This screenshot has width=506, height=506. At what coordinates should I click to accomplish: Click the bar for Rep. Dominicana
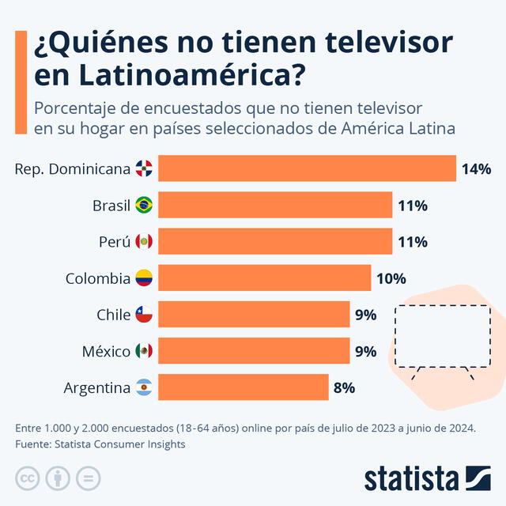point(307,168)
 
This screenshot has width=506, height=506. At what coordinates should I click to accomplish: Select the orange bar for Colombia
point(264,278)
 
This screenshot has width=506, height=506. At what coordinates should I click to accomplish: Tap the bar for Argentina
point(243,387)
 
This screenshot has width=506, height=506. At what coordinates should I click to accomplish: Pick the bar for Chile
point(254,315)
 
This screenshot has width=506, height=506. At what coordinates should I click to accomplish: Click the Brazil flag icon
point(144,206)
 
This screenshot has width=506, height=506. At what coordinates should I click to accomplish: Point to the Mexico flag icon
point(144,351)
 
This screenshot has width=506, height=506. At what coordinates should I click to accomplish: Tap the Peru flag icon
point(144,242)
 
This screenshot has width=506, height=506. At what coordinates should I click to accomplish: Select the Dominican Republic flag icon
point(144,168)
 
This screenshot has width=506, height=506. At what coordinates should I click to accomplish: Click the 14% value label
point(477,168)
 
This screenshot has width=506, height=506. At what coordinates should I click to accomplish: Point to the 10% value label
point(391,278)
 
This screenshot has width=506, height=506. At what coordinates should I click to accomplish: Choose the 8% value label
point(344,387)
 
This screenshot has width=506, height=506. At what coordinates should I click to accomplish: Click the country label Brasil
point(111,206)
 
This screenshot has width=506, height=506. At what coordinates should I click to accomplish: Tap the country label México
point(106,351)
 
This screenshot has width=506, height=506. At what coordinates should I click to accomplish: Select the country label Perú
point(115,242)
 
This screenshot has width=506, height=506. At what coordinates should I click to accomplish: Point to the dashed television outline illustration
point(443,336)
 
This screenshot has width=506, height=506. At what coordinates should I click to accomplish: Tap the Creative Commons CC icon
point(28,478)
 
